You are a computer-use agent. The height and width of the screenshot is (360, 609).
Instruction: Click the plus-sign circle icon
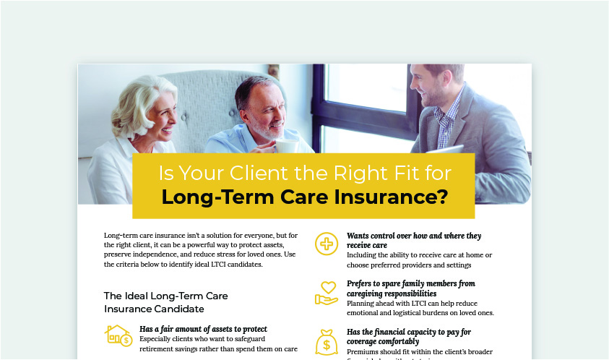[327, 244]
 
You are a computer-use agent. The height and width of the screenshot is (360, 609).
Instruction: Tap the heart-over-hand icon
[327, 291]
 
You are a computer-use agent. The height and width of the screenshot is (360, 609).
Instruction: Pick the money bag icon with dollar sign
[327, 341]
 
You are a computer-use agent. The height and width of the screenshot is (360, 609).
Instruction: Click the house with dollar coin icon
[118, 335]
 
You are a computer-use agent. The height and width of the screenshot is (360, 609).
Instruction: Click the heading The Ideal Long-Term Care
[166, 296]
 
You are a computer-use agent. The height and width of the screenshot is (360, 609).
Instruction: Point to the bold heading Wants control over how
[414, 236]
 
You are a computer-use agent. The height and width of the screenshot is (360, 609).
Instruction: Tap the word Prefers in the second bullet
[362, 283]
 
